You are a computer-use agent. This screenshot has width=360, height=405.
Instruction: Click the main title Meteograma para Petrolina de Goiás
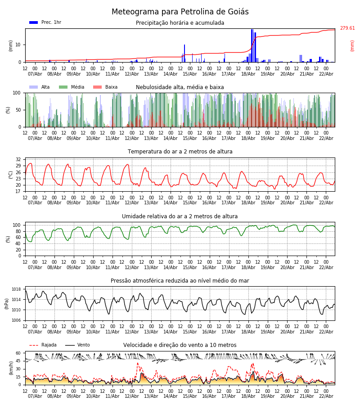[x=180, y=12]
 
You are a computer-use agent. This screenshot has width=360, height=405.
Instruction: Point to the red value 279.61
[x=347, y=28]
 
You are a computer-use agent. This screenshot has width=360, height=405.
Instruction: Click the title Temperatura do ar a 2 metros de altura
[x=180, y=152]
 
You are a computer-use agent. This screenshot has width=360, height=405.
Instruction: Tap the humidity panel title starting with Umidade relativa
[x=180, y=216]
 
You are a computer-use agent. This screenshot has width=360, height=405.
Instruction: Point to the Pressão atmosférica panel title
[x=180, y=281]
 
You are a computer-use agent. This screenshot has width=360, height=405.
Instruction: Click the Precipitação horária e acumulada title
[x=180, y=23]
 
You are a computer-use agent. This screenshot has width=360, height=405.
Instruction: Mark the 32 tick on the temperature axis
[x=18, y=159]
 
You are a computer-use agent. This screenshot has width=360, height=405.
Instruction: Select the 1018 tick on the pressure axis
[x=16, y=289]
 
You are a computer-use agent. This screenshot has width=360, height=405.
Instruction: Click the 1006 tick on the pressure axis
[x=16, y=320]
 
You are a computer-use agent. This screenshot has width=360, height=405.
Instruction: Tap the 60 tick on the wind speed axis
[x=18, y=353]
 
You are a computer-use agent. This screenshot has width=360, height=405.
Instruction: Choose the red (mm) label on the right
[x=352, y=45]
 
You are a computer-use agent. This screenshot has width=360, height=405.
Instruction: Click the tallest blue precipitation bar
[x=252, y=45]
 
